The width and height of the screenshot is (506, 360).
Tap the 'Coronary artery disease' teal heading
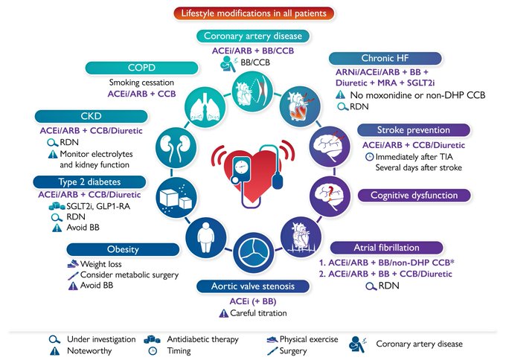(248, 36)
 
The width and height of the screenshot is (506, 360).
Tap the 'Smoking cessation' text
(141, 83)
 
